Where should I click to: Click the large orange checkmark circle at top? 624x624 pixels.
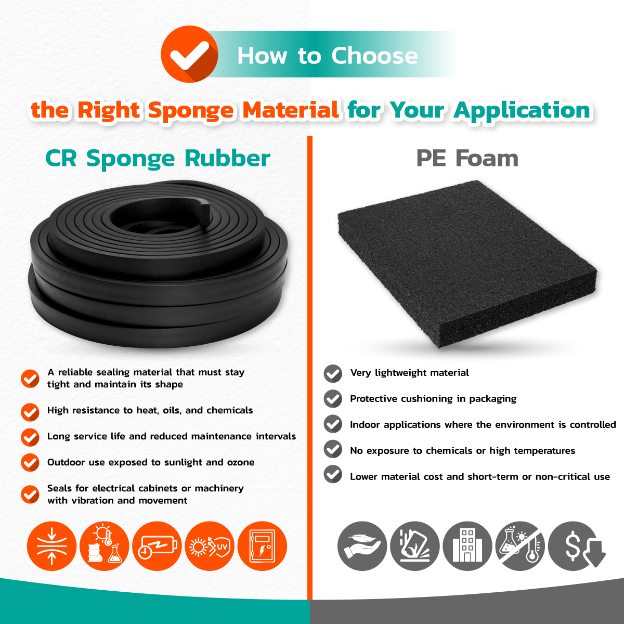pyautogui.click(x=189, y=54)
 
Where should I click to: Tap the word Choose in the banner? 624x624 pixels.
pyautogui.click(x=374, y=56)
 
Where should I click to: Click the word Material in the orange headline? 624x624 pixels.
pyautogui.click(x=291, y=110)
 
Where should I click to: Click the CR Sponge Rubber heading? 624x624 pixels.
pyautogui.click(x=158, y=159)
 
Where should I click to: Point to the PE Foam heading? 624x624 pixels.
pyautogui.click(x=467, y=159)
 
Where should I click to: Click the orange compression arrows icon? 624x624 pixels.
pyautogui.click(x=52, y=547)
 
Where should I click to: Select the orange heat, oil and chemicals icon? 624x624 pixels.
pyautogui.click(x=105, y=547)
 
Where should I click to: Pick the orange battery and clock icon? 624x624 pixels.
pyautogui.click(x=157, y=547)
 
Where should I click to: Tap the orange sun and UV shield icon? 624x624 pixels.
pyautogui.click(x=210, y=547)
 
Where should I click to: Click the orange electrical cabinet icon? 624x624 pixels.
pyautogui.click(x=262, y=547)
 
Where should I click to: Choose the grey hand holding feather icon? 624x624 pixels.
pyautogui.click(x=362, y=547)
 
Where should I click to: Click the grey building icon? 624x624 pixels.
pyautogui.click(x=467, y=547)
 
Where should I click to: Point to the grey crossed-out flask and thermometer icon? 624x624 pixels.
pyautogui.click(x=520, y=547)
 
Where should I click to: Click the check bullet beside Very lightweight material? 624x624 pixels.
pyautogui.click(x=333, y=374)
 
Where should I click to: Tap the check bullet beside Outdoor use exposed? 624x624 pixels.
pyautogui.click(x=30, y=462)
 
